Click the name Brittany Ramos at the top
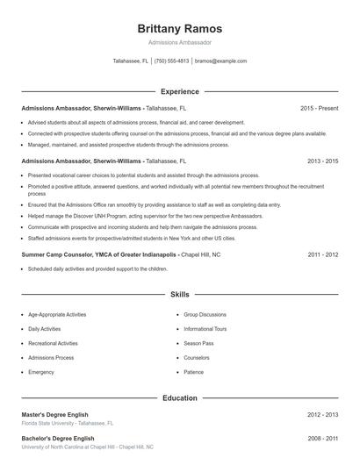point(180,28)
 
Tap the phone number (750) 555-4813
point(171,61)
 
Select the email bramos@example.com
point(220,61)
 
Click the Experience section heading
point(180,91)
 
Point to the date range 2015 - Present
point(320,108)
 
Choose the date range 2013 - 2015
point(323,161)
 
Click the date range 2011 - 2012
point(323,254)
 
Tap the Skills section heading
point(180,295)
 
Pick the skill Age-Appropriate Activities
point(57,314)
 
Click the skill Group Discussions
point(205,314)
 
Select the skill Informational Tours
point(205,329)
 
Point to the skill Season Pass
point(198,343)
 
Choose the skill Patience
point(194,372)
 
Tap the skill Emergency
point(41,372)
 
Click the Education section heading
point(180,398)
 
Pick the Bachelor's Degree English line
point(57,438)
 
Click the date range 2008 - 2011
point(323,438)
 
